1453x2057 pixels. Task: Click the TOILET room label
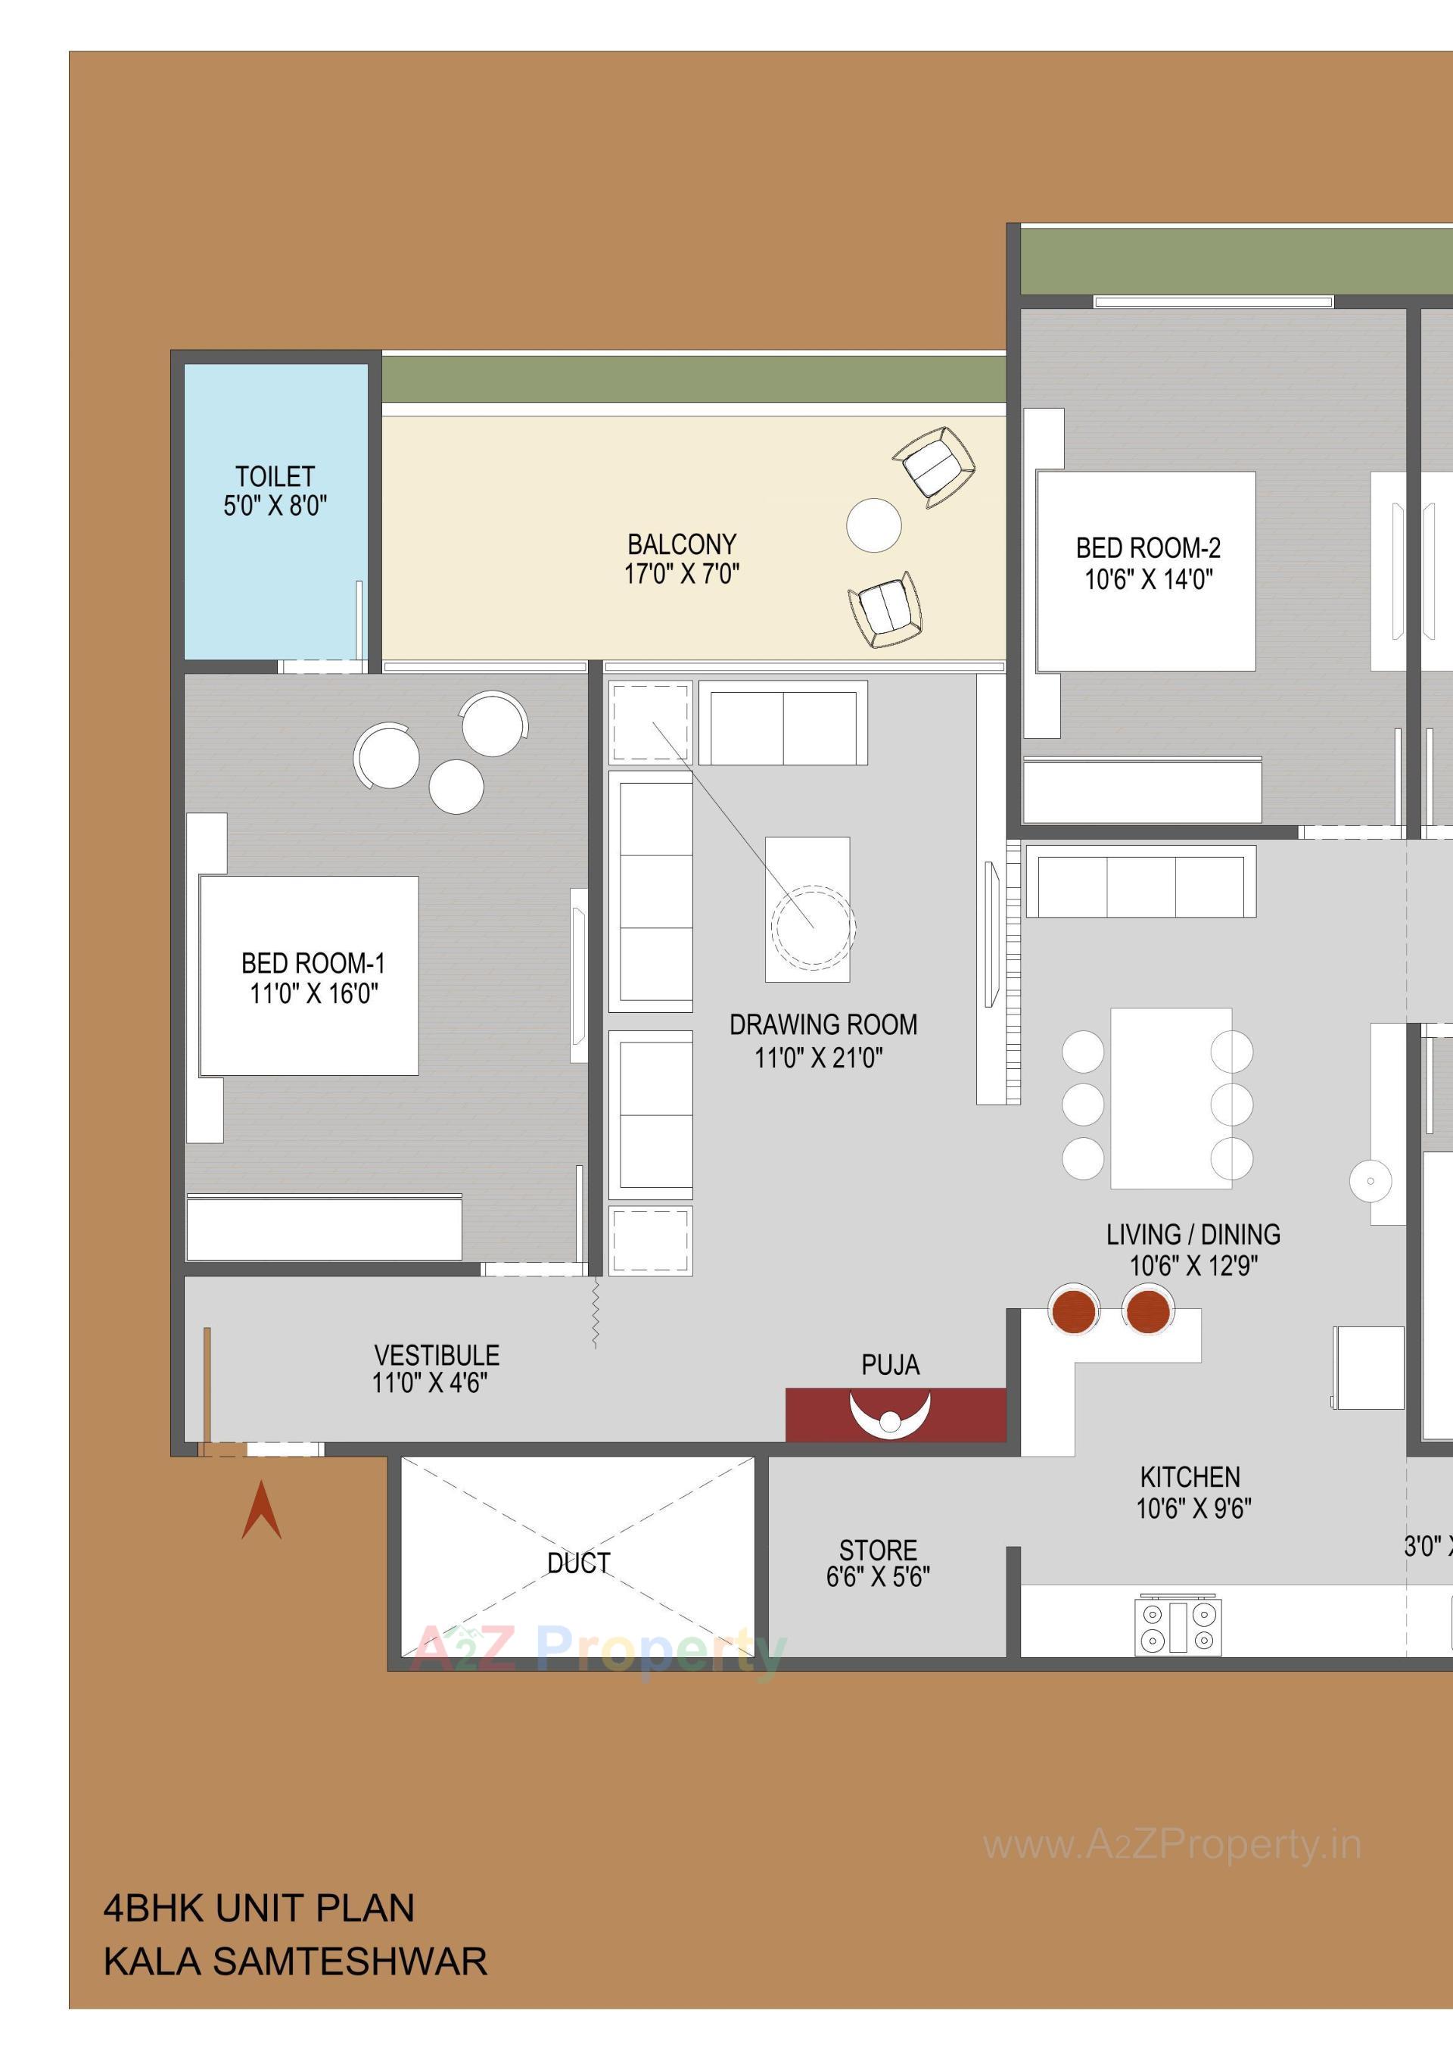click(x=275, y=477)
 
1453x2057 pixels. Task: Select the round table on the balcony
click(x=873, y=525)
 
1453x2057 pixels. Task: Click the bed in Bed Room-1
click(x=309, y=976)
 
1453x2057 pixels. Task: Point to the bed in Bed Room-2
click(x=1145, y=571)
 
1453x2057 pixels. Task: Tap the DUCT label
click(x=579, y=1563)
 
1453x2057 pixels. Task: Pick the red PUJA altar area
click(x=895, y=1415)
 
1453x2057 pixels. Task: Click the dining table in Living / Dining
click(x=1171, y=1099)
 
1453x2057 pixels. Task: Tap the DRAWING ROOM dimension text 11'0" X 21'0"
click(x=819, y=1058)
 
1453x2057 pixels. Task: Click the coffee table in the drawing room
click(x=807, y=909)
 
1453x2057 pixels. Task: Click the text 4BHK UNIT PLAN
click(x=259, y=1909)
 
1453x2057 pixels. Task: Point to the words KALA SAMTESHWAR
click(x=296, y=1962)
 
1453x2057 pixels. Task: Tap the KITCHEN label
click(x=1190, y=1476)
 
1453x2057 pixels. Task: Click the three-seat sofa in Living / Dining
click(x=1140, y=886)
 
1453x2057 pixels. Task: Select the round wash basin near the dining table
click(x=1370, y=1181)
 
